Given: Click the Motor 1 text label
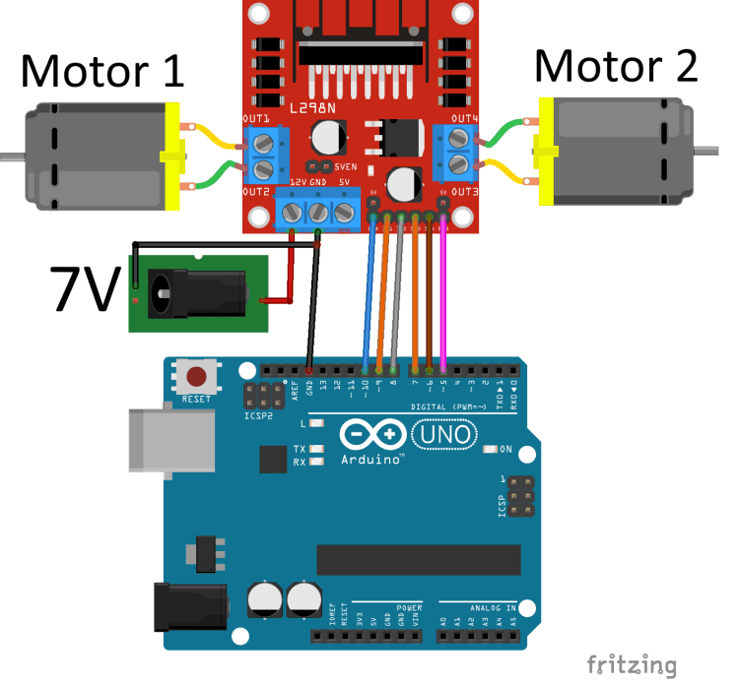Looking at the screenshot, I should click(x=102, y=71).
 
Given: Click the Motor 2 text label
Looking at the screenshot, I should click(x=616, y=66).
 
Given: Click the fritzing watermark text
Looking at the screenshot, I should click(x=631, y=664).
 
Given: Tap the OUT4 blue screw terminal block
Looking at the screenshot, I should click(x=458, y=153).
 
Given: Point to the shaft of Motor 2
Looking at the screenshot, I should click(x=709, y=150).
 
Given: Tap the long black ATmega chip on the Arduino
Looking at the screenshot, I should click(x=418, y=559).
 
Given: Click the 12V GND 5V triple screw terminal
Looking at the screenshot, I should click(x=318, y=211).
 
